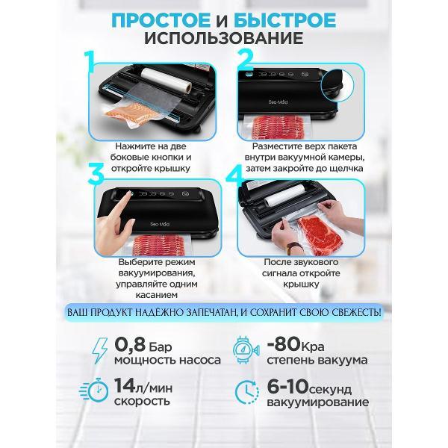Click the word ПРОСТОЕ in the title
pos(161,20)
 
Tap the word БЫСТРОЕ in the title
pos(285,20)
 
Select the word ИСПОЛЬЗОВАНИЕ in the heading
pos(224,38)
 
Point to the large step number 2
pos(245,59)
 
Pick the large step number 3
pos(96,173)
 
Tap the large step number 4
pos(235,173)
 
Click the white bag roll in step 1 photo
pos(166,79)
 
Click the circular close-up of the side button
pos(337,84)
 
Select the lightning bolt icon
pos(100,351)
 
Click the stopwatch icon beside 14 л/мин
pos(94,390)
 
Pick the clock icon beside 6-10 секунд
pos(247,392)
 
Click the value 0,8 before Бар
pos(130,345)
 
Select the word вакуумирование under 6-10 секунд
pos(318,402)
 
